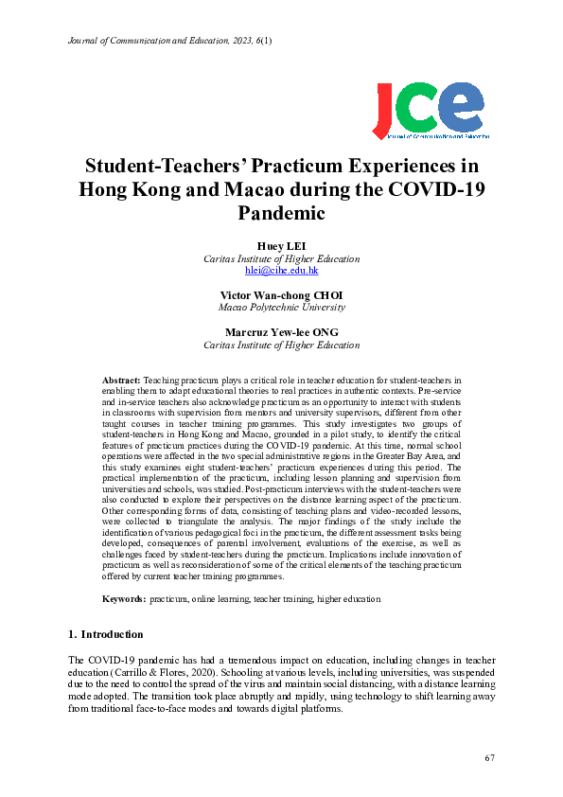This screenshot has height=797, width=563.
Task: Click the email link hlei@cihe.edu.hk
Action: click(x=281, y=270)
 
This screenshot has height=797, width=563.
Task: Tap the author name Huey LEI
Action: click(x=281, y=246)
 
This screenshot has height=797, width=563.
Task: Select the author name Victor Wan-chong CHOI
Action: click(x=281, y=294)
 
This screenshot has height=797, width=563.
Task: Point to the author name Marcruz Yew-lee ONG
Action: click(x=281, y=332)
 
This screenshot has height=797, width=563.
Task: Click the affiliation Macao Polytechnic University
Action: click(x=281, y=307)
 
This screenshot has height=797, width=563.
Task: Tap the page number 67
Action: click(x=489, y=757)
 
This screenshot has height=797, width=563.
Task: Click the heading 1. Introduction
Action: click(x=106, y=633)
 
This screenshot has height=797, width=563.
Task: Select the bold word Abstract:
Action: click(x=121, y=379)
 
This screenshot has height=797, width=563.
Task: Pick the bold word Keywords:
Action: click(x=124, y=599)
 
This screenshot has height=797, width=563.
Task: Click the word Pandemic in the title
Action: click(x=281, y=214)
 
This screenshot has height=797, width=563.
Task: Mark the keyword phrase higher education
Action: click(x=350, y=599)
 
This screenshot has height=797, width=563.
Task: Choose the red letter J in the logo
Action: click(x=388, y=109)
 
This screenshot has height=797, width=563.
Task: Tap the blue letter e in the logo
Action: click(x=467, y=106)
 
